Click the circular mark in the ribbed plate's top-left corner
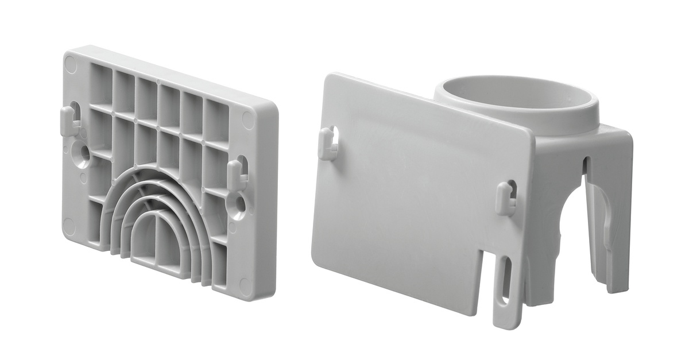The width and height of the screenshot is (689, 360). point(71,64)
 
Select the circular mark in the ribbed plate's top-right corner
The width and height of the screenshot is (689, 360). point(249,119)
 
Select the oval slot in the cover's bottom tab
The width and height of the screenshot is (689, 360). point(505,280)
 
